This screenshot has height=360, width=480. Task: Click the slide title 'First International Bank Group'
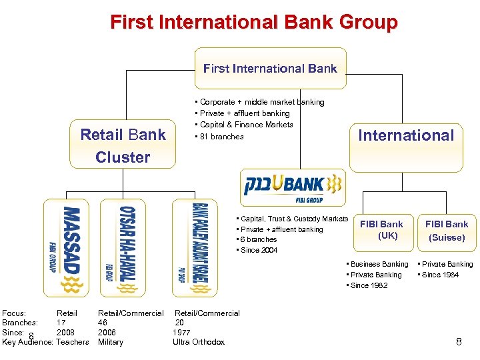click(x=253, y=23)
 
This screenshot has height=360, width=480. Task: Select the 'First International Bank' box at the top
click(x=270, y=68)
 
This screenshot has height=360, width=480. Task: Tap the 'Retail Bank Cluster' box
click(x=123, y=146)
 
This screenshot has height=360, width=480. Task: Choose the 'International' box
click(x=405, y=135)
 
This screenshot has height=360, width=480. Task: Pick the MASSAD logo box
click(x=65, y=247)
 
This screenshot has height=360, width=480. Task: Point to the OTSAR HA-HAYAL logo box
click(x=122, y=247)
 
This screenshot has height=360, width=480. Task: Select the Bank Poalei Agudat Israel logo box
click(x=195, y=247)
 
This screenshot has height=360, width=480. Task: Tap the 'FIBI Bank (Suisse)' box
click(x=447, y=231)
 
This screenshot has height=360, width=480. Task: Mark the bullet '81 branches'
click(x=221, y=137)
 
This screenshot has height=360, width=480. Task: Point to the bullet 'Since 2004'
click(x=259, y=250)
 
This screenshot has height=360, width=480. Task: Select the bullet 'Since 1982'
click(x=368, y=285)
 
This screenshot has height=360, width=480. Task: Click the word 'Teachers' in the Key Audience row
click(x=73, y=342)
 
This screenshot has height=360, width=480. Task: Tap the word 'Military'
click(x=111, y=342)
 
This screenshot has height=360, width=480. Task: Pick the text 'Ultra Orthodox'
click(x=199, y=342)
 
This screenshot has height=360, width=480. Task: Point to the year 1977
click(x=181, y=332)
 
